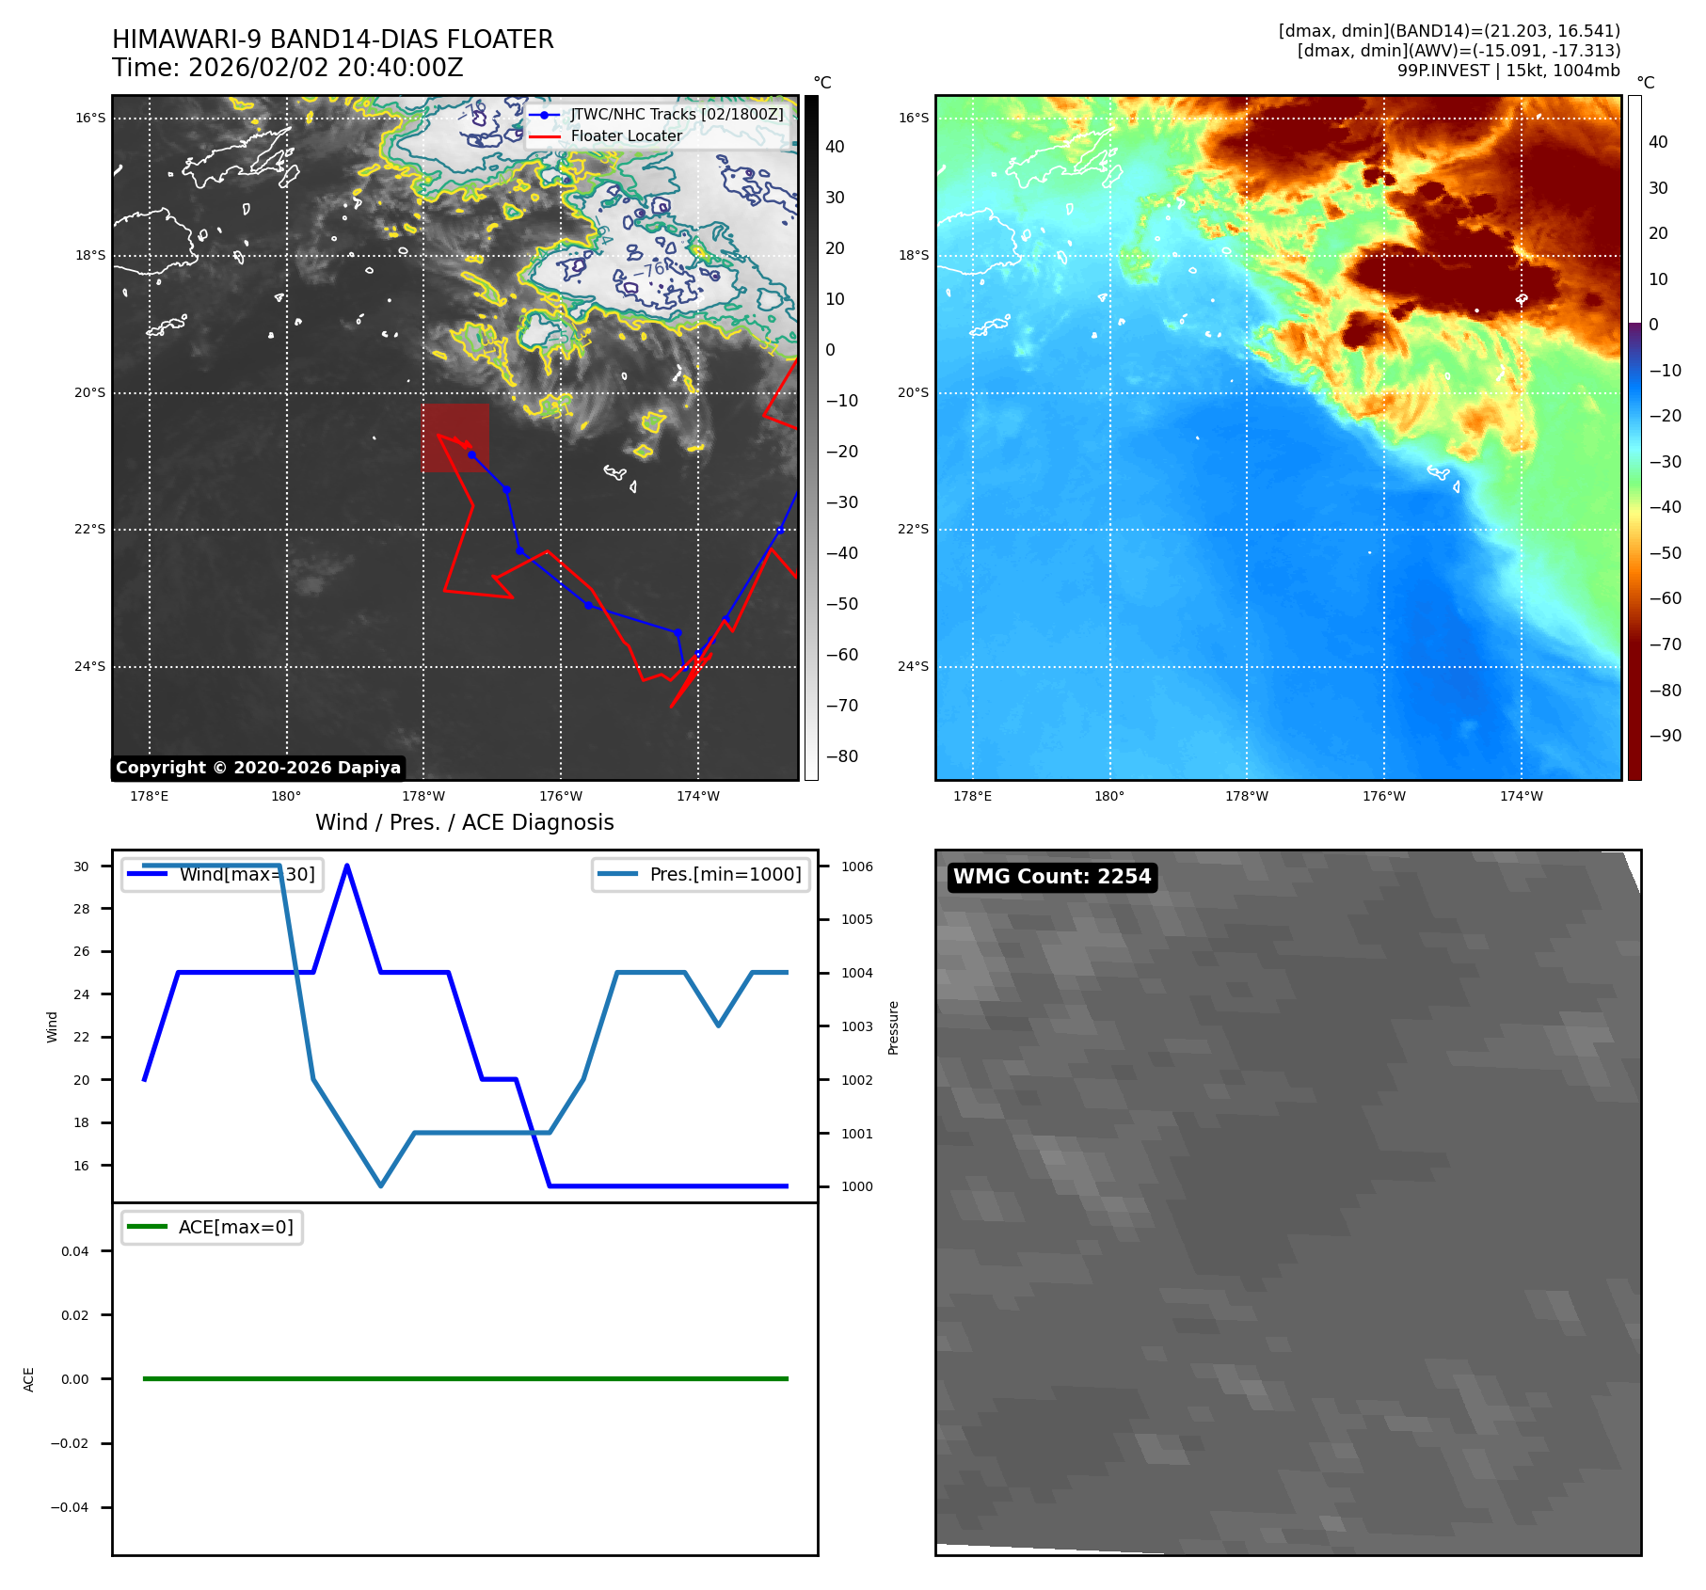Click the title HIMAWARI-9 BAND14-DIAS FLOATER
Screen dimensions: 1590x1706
tap(333, 40)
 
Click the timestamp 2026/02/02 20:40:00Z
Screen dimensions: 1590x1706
tap(326, 69)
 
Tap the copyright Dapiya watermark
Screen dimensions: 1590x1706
tap(258, 768)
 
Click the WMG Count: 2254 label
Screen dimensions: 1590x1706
tap(1052, 877)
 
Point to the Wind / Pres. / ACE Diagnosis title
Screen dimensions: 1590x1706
tap(464, 822)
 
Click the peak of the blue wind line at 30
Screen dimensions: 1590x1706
tap(347, 866)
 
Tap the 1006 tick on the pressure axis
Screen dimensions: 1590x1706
tap(856, 867)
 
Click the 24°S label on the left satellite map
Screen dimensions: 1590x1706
tap(90, 667)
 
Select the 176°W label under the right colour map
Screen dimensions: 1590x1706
tap(1383, 796)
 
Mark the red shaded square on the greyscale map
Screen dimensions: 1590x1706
tap(455, 437)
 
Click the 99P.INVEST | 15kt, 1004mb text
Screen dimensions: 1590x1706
tap(1508, 71)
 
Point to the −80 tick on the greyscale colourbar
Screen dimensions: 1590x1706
tap(841, 756)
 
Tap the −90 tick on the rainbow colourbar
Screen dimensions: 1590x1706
tap(1665, 736)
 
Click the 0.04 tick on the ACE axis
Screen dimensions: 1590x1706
tap(75, 1251)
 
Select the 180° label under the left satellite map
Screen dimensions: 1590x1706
tap(286, 796)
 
